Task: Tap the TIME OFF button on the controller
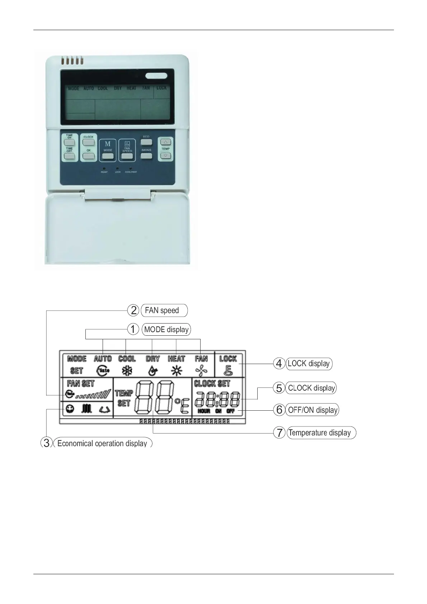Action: [x=69, y=156]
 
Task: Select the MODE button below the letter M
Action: [x=108, y=156]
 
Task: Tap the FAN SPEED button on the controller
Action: [x=127, y=156]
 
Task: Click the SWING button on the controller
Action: [x=146, y=156]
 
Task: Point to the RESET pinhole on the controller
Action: [x=104, y=168]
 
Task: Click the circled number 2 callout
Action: [x=133, y=310]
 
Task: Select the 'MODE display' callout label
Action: [x=166, y=329]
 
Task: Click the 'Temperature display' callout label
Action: [x=320, y=433]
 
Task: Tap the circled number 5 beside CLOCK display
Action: [x=279, y=388]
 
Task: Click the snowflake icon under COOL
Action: [x=127, y=371]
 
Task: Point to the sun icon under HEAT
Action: [x=176, y=371]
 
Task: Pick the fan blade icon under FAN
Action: [x=201, y=371]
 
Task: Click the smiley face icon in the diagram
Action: [x=70, y=409]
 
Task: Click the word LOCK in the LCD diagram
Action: [x=228, y=358]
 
